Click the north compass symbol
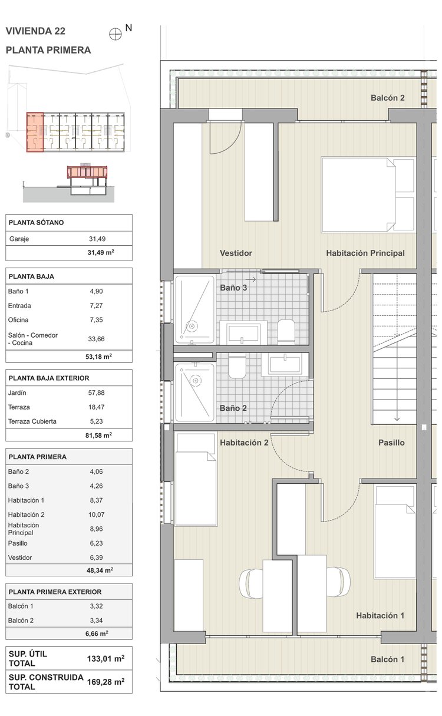(116, 34)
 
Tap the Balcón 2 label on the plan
(387, 98)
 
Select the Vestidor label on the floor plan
(236, 253)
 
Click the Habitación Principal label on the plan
(365, 253)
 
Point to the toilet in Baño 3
(286, 332)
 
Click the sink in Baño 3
(243, 333)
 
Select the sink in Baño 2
(285, 364)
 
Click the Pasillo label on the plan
(391, 443)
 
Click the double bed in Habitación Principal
(368, 194)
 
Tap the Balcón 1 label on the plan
(387, 659)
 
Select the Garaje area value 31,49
(97, 239)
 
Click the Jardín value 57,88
(96, 393)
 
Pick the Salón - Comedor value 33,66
(96, 339)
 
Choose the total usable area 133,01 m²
(106, 659)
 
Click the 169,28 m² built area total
(106, 682)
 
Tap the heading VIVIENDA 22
(35, 31)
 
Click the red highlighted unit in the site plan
(35, 132)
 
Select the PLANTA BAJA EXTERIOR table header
(49, 378)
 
